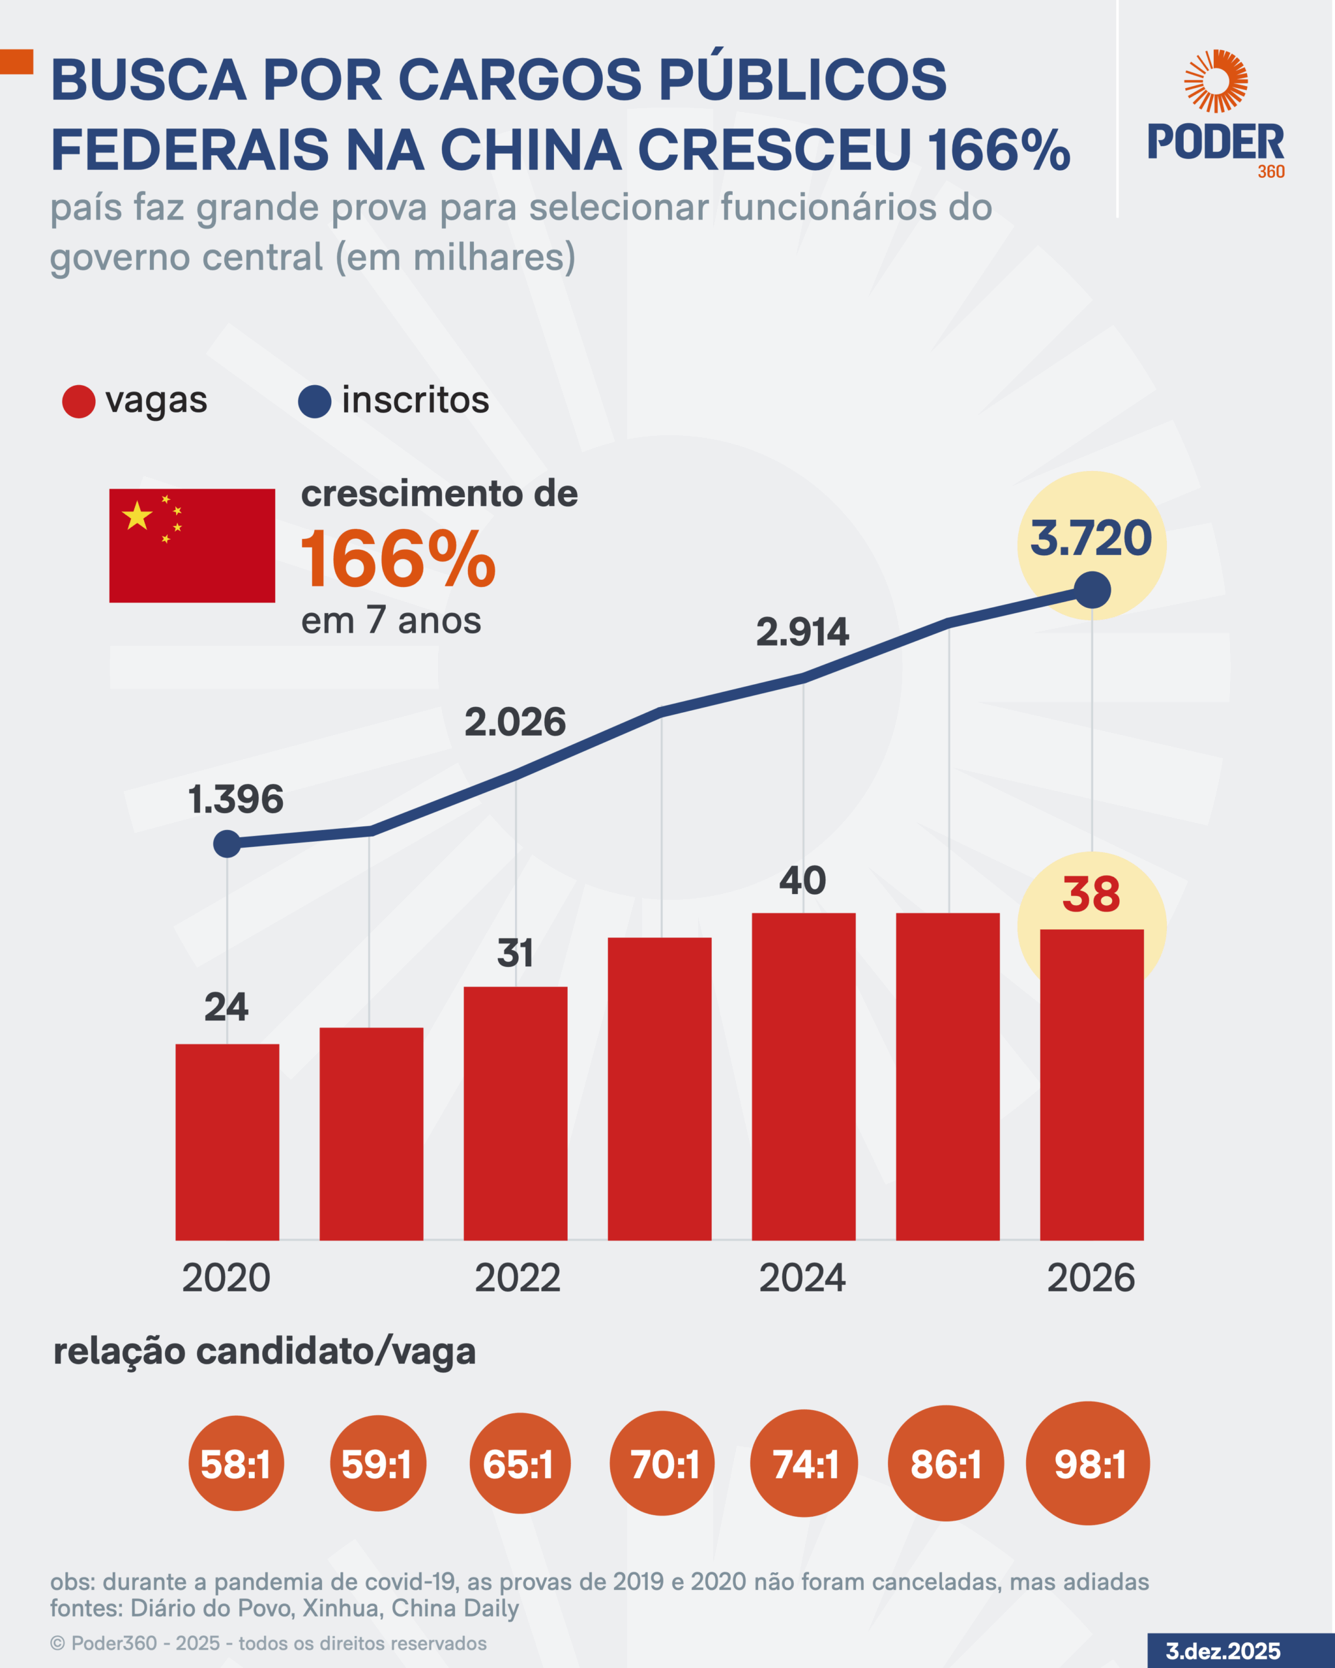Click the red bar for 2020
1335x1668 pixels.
[x=227, y=1142]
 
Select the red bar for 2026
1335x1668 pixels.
[x=1091, y=1085]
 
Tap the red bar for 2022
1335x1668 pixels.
[x=516, y=1114]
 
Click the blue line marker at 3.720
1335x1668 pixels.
[x=1092, y=590]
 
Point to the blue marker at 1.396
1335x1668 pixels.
[x=227, y=843]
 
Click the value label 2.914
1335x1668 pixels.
[x=802, y=632]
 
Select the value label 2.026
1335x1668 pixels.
[x=515, y=722]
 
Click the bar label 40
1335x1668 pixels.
[x=802, y=880]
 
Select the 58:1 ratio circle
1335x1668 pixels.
[x=236, y=1464]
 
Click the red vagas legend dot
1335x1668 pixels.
[x=78, y=401]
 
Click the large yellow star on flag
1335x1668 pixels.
[x=137, y=516]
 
